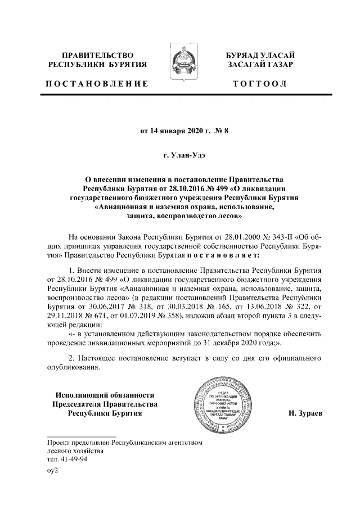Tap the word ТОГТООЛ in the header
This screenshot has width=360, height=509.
point(260,84)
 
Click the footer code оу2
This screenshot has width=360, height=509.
point(53,470)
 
